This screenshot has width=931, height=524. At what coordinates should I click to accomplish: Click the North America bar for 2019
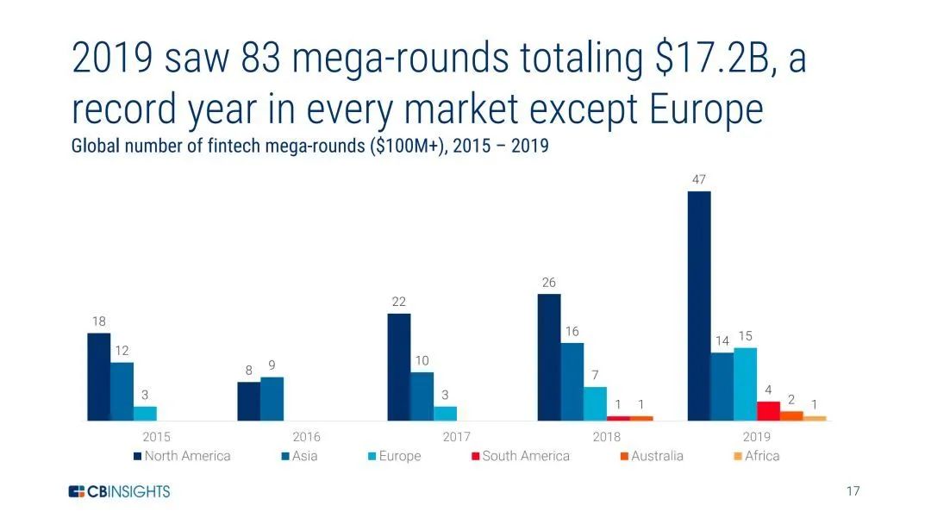click(699, 306)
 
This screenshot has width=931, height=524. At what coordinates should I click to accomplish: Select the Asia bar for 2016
click(272, 399)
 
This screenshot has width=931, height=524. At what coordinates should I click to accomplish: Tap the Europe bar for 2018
click(595, 403)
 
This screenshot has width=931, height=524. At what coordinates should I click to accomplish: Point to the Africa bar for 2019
click(815, 418)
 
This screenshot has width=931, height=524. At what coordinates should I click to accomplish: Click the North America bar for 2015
click(99, 377)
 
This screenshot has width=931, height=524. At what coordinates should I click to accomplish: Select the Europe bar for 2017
click(445, 413)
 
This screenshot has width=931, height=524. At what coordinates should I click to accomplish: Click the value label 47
click(699, 179)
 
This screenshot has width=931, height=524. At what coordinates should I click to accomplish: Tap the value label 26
click(549, 282)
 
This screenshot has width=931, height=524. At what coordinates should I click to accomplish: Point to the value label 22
click(398, 302)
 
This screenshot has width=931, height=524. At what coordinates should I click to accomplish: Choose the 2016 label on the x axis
click(307, 437)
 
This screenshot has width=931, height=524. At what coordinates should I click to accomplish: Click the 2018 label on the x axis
click(606, 437)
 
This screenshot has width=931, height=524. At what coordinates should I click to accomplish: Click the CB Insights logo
click(120, 491)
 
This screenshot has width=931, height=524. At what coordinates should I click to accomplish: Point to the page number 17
click(853, 491)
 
